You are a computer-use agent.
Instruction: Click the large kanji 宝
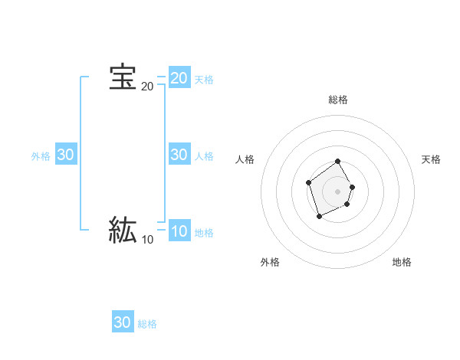[x=123, y=77]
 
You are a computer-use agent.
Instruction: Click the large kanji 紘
[x=123, y=230]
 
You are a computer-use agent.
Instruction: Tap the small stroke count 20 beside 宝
[x=147, y=87]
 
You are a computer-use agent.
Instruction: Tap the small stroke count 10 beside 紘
[x=147, y=240]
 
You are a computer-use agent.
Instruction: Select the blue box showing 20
[x=179, y=77]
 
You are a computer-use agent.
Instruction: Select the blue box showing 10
[x=179, y=231]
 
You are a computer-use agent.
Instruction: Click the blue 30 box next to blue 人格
[x=179, y=154]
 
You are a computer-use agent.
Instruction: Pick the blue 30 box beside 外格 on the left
[x=66, y=154]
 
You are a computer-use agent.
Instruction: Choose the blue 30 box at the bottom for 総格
[x=123, y=322]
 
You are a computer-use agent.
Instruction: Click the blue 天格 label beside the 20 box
[x=204, y=80]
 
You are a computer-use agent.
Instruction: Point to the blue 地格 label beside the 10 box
[x=204, y=233]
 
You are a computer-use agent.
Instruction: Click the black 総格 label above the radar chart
[x=338, y=100]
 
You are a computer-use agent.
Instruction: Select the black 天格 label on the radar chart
[x=431, y=159]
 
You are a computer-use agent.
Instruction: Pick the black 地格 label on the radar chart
[x=402, y=262]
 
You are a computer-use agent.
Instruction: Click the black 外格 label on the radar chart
[x=270, y=262]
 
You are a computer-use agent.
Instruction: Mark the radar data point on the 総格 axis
[x=338, y=162]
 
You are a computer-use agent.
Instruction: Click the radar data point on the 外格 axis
[x=320, y=217]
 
